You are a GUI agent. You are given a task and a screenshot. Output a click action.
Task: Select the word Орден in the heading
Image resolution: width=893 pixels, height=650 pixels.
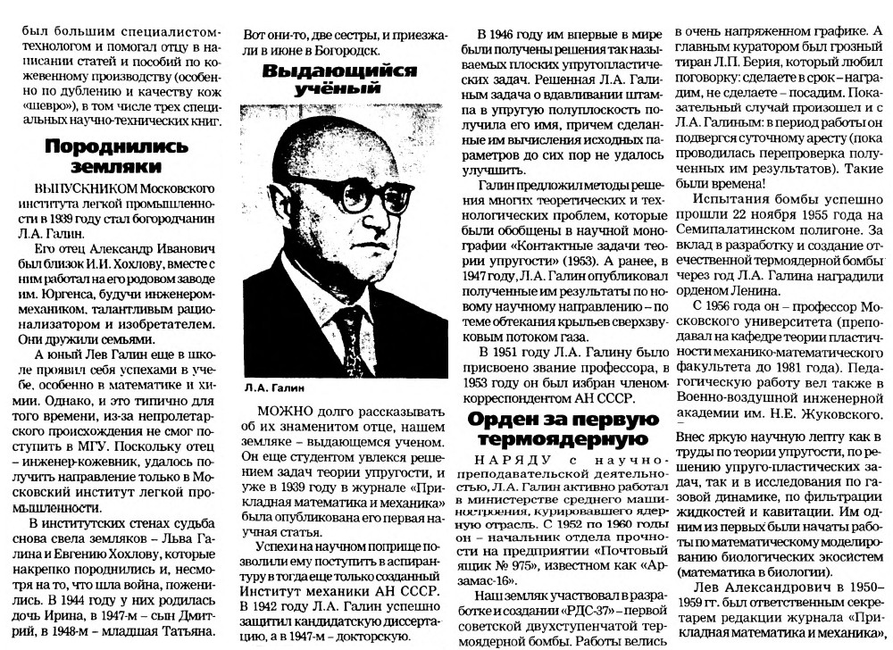point(508,419)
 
